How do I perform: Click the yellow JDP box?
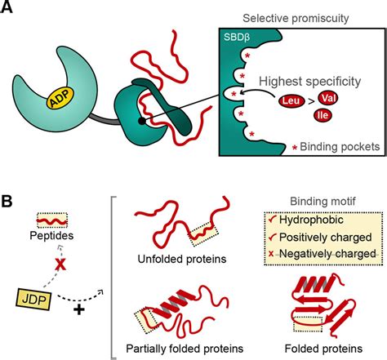[x=39, y=296]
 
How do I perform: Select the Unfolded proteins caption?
[x=173, y=261]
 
